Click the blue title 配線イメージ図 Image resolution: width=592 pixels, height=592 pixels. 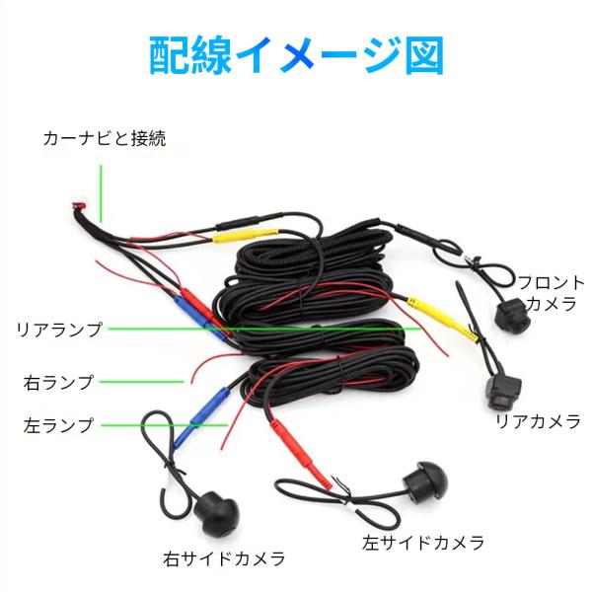coord(296,56)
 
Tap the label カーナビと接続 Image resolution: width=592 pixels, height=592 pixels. coord(104,138)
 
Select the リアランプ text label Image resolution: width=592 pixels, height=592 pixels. coord(59,330)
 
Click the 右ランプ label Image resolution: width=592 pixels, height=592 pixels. coord(58,381)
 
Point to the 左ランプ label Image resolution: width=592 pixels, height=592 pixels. coord(58,426)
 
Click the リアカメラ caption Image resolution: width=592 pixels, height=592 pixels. coord(538,422)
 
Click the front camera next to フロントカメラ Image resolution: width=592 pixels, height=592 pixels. coord(512,315)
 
